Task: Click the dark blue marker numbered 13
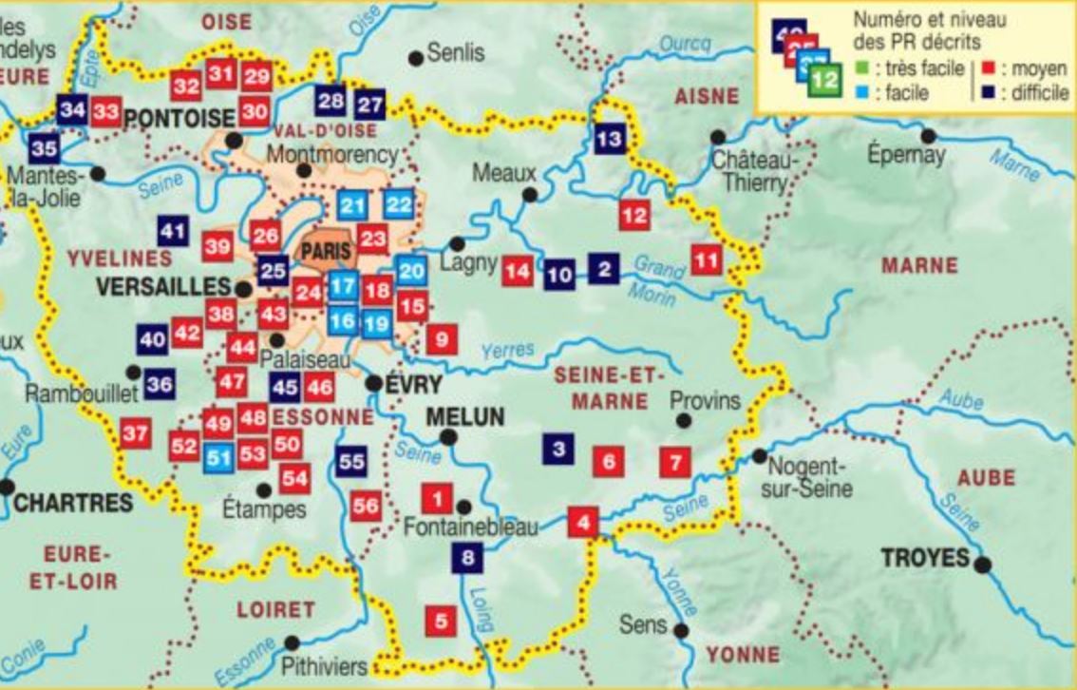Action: pyautogui.click(x=611, y=140)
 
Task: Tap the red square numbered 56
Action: pyautogui.click(x=366, y=506)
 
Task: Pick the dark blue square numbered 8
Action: pyautogui.click(x=466, y=558)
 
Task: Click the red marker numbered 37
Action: pyautogui.click(x=135, y=434)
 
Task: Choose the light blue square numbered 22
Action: pyautogui.click(x=400, y=204)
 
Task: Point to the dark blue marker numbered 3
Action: pyautogui.click(x=558, y=449)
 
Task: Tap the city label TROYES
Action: pyautogui.click(x=925, y=558)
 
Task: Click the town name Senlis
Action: pyautogui.click(x=455, y=52)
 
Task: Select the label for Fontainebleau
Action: pyautogui.click(x=471, y=526)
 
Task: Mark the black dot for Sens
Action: pyautogui.click(x=681, y=629)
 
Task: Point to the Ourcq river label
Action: pyautogui.click(x=684, y=45)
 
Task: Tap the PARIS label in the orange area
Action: pyautogui.click(x=325, y=252)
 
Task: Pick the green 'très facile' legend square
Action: pyautogui.click(x=861, y=69)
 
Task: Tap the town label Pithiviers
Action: pyautogui.click(x=324, y=667)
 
